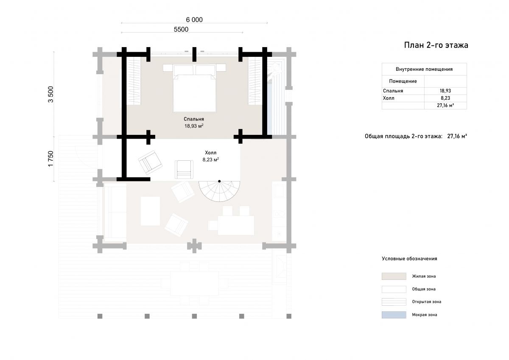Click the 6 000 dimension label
(x=194, y=20)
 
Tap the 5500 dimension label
(x=181, y=30)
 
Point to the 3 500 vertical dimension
(x=50, y=94)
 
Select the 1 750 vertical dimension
(x=50, y=159)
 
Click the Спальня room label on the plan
(x=194, y=119)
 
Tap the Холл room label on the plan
(x=211, y=153)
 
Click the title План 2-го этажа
(x=436, y=45)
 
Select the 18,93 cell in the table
(x=445, y=91)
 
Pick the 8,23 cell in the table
(x=445, y=98)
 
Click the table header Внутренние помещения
(x=424, y=69)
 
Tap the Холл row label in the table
(x=389, y=98)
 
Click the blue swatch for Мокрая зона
(x=394, y=315)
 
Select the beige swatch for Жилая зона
(x=394, y=276)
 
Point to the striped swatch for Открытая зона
(x=394, y=302)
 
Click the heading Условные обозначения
(x=409, y=259)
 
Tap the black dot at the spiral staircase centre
(x=219, y=181)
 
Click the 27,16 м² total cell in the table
(x=445, y=106)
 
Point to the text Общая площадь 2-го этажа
(x=403, y=136)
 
